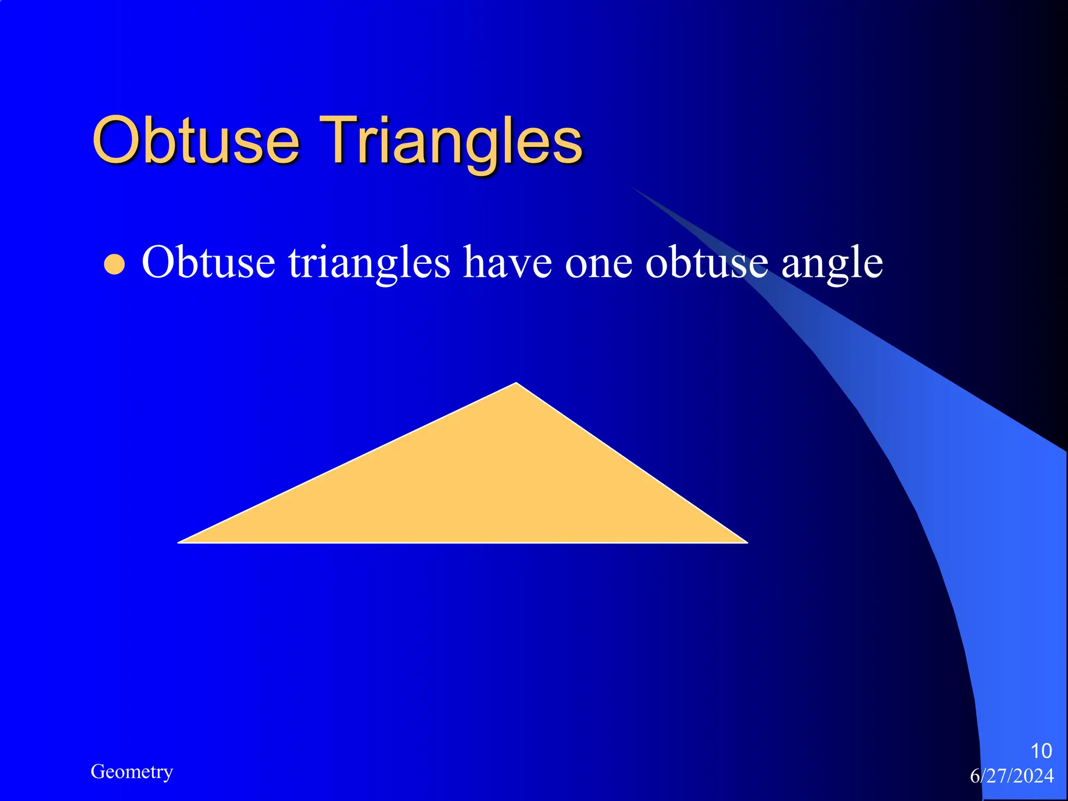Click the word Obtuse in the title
[196, 140]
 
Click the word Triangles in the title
[451, 141]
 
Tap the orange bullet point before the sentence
[114, 264]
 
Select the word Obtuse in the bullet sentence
[208, 262]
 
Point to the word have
[507, 262]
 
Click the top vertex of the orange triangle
[516, 384]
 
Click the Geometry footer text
[131, 771]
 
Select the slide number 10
[1041, 751]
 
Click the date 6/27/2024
[1012, 776]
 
